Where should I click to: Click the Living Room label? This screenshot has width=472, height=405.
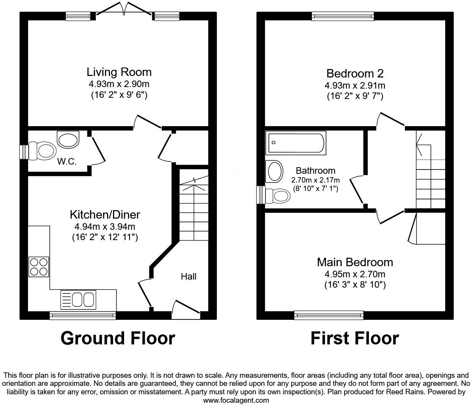tap(119, 72)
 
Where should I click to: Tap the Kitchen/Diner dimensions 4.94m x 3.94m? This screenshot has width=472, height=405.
tap(105, 227)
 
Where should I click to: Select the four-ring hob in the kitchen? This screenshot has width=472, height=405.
tap(39, 267)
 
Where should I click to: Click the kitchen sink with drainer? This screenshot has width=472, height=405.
tap(78, 300)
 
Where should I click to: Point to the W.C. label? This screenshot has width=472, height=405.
tap(67, 161)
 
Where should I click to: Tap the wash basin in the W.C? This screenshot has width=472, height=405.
tap(68, 139)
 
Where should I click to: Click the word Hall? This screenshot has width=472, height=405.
tap(188, 277)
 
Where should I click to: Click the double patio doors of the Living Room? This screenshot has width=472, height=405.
tap(123, 10)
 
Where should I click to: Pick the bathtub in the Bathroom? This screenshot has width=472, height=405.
tap(297, 143)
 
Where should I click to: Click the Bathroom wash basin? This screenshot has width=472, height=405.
tap(274, 171)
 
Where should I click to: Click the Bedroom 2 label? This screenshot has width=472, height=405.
tap(355, 73)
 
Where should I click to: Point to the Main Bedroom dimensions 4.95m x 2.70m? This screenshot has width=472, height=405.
tap(355, 274)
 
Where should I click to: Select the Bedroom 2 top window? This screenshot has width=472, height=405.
tap(343, 16)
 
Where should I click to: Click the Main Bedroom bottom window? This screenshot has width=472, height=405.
tap(329, 315)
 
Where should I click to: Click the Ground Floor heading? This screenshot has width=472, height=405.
tap(118, 338)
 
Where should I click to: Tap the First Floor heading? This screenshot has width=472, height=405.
tap(354, 338)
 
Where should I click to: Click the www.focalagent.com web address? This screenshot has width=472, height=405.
tap(236, 400)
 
